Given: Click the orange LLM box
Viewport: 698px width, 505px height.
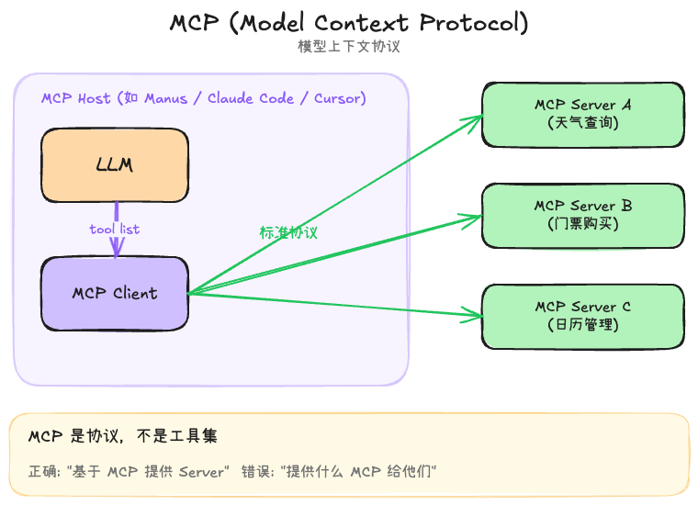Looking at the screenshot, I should [115, 165].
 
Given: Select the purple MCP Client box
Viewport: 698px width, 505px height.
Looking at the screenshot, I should [115, 294].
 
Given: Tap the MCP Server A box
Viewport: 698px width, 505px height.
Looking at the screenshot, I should [583, 115].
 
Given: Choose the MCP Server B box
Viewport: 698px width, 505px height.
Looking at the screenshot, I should [583, 215].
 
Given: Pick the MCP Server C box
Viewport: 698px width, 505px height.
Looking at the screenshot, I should [583, 316].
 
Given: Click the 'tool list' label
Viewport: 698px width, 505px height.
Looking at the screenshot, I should [115, 229].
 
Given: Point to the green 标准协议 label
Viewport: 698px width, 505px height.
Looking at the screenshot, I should [288, 232].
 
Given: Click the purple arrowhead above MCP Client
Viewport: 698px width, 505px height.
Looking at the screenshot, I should [116, 247].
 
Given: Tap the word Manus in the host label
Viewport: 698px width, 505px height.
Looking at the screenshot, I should [165, 98].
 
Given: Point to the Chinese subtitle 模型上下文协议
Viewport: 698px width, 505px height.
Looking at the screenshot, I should [349, 46].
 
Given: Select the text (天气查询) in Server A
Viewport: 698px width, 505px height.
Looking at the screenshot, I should [583, 122].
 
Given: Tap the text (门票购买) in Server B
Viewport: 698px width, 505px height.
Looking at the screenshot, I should [583, 223].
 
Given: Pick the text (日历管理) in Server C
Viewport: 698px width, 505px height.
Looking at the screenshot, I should [583, 324].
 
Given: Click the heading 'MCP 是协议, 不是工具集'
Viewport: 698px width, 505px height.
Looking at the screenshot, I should [123, 436].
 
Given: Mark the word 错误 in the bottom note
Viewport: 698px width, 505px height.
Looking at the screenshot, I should [254, 472].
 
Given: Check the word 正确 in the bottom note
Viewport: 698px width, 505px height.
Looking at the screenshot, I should [42, 472].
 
